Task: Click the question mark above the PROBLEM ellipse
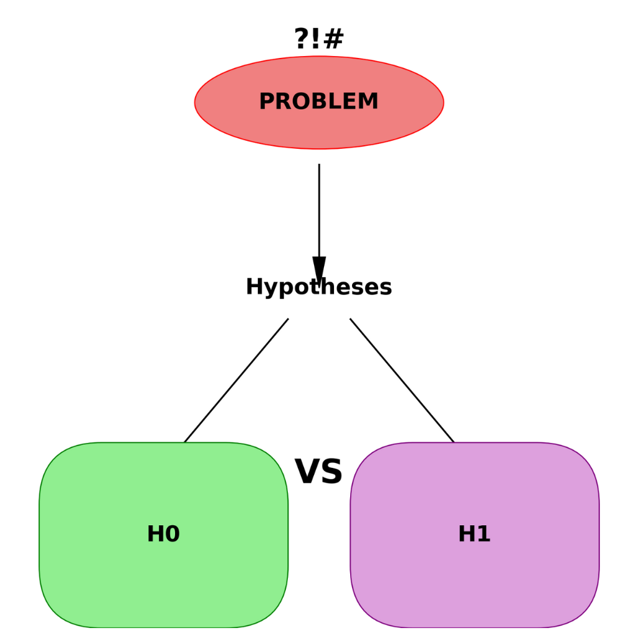(302, 39)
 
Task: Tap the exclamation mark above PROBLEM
(317, 39)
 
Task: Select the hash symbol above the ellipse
(333, 39)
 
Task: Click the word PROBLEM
(318, 102)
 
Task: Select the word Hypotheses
(318, 287)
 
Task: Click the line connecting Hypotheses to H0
(236, 381)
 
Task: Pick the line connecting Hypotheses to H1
(402, 381)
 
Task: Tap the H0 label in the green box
(163, 535)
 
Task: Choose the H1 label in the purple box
(474, 535)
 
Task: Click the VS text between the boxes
(318, 472)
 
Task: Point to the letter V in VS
(307, 472)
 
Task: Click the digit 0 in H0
(172, 535)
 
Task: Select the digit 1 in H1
(483, 535)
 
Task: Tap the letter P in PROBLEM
(266, 102)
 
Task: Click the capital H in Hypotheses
(254, 287)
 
